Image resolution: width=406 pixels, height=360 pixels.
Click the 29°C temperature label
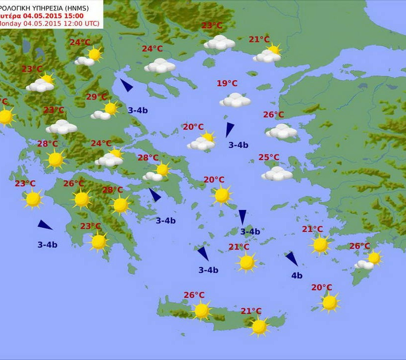[x=96, y=97]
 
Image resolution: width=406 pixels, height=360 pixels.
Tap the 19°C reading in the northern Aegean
[x=227, y=84]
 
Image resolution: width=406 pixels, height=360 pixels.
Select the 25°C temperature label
[x=269, y=157]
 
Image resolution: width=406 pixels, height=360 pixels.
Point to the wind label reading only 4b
[x=297, y=276]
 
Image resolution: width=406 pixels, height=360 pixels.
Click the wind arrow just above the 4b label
[x=292, y=259]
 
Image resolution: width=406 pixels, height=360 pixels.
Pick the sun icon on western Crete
[x=202, y=311]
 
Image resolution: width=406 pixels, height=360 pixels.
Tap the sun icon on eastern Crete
[x=258, y=326]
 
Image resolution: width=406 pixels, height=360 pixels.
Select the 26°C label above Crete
[x=194, y=295]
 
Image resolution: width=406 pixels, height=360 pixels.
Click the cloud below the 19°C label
[x=235, y=101]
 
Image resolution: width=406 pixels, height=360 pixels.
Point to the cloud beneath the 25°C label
[x=277, y=174]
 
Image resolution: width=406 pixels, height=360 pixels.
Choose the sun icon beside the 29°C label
[x=110, y=108]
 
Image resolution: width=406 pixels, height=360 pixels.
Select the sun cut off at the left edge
[x=5, y=117]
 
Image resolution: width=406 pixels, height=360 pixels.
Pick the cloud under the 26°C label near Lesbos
[x=281, y=131]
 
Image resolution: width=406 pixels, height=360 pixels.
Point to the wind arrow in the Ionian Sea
[x=45, y=225]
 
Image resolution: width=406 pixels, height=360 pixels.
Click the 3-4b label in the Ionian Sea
[x=47, y=245]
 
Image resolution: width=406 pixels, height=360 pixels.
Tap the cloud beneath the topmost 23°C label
[x=219, y=43]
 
